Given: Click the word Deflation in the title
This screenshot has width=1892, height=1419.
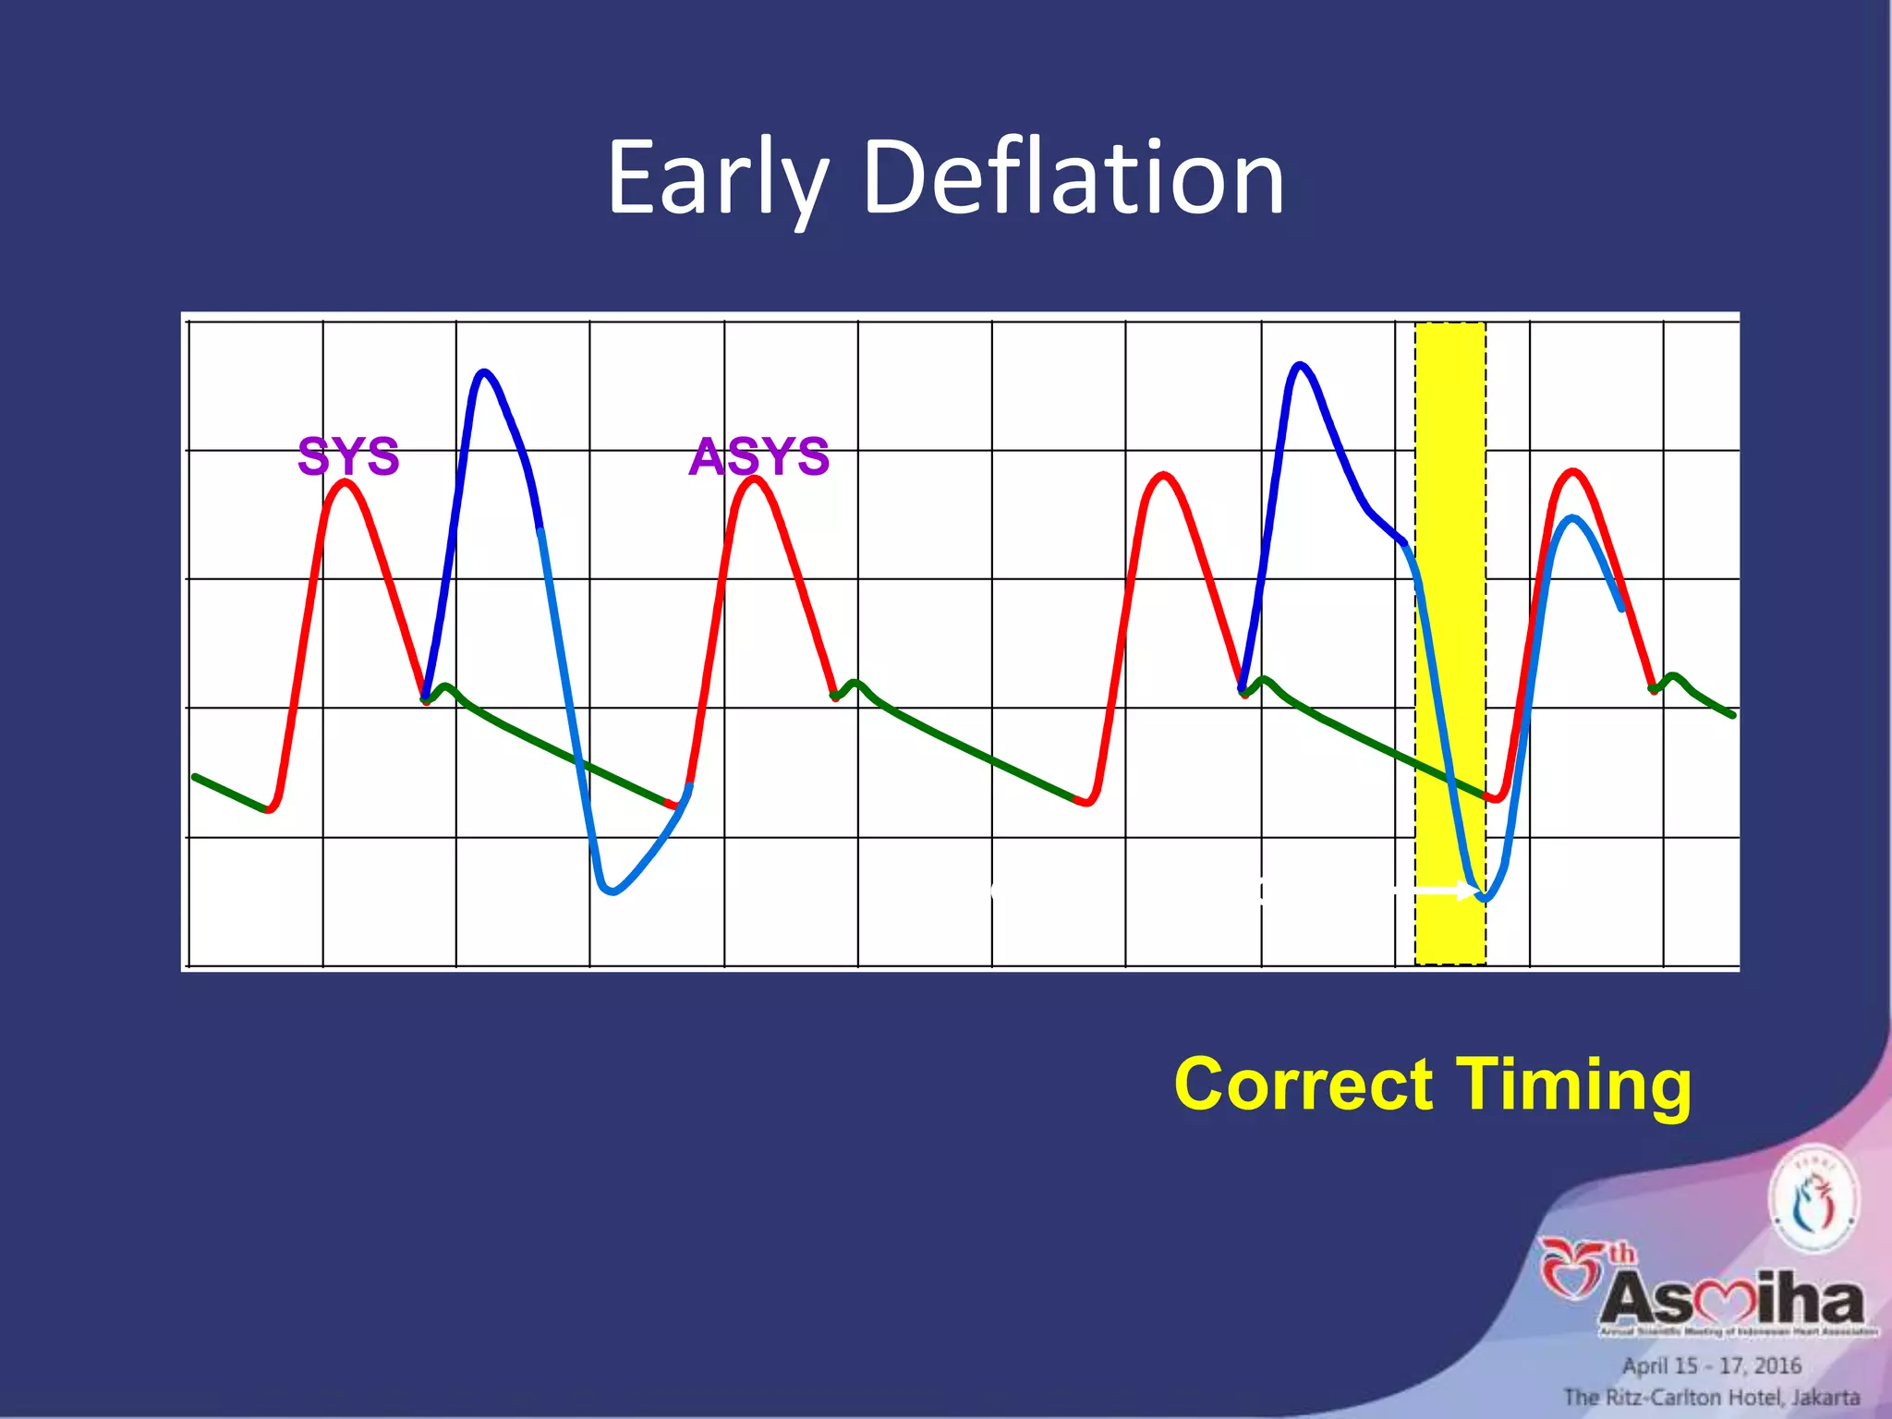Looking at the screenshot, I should (x=1073, y=177).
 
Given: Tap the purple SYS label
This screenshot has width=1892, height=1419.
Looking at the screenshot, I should (x=348, y=456).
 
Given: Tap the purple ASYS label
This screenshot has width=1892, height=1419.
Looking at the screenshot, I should (x=759, y=456).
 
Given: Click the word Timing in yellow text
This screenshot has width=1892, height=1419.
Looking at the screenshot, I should (x=1574, y=1085).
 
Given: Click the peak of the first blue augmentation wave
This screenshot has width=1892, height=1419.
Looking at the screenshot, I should (x=483, y=372).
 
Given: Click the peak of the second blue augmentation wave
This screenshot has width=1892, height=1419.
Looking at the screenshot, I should (x=1301, y=365).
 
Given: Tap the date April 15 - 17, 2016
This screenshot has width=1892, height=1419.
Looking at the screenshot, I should (x=1712, y=1365).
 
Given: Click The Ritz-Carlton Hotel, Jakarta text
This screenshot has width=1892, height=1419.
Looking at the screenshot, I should (x=1711, y=1397).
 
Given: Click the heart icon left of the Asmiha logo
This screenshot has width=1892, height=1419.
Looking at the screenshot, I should (x=1571, y=1267).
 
